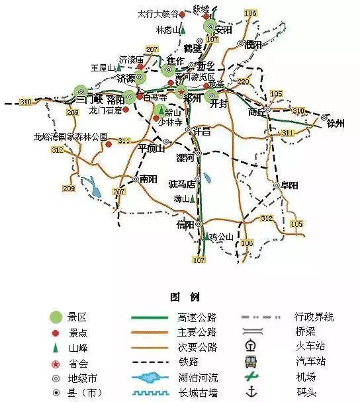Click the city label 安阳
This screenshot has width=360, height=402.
click(x=224, y=30)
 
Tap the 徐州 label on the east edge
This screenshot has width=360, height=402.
click(x=336, y=124)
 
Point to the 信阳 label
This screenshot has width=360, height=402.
click(x=186, y=225)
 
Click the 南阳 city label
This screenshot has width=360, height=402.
click(x=149, y=179)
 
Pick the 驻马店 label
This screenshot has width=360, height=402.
click(x=182, y=184)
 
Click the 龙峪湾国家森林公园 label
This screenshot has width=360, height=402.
click(x=70, y=137)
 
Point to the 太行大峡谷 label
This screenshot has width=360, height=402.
click(x=156, y=13)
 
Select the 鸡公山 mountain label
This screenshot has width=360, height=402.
click(x=222, y=236)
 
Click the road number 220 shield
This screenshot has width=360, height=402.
click(x=243, y=82)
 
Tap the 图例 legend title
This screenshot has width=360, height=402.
click(x=179, y=296)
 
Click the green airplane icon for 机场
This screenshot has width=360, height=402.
click(x=251, y=378)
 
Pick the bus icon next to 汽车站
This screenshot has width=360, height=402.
click(x=251, y=362)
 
